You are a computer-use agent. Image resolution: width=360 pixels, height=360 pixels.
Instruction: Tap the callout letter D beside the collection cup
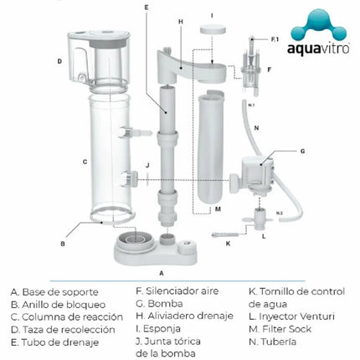point(59,60)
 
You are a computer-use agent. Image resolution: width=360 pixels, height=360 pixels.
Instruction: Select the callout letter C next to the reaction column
point(60,161)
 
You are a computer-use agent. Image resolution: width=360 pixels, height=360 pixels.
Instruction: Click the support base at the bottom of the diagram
point(157,247)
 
